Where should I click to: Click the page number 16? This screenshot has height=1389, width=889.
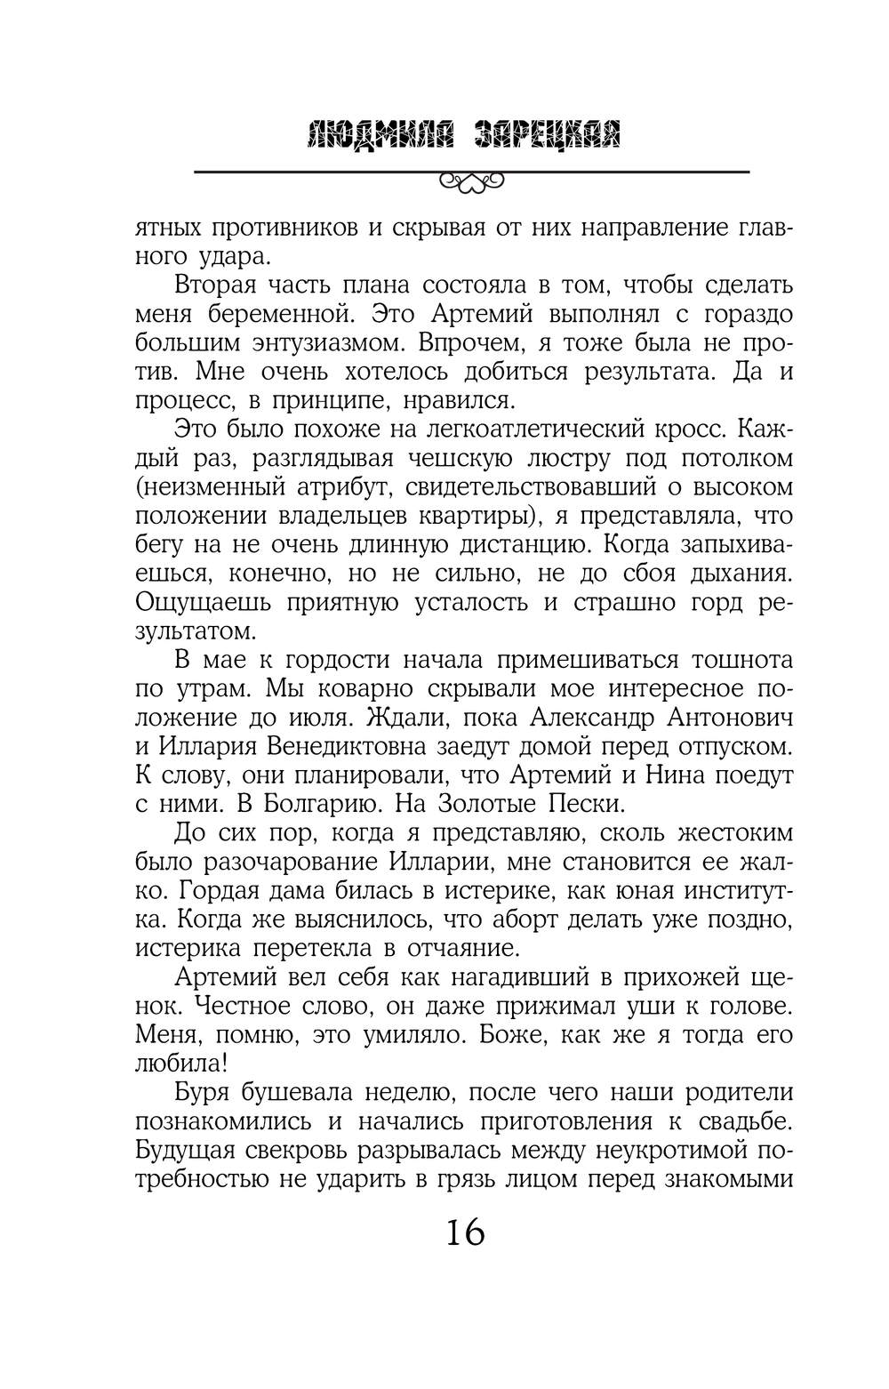coord(465,1233)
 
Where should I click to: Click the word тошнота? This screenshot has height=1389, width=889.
coord(723,660)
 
